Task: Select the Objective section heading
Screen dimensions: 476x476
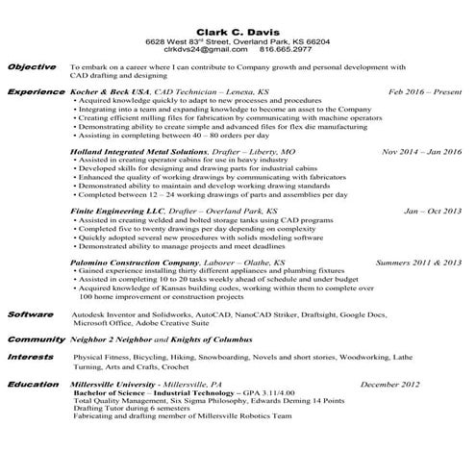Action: click(33, 67)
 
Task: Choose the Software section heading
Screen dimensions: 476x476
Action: click(31, 314)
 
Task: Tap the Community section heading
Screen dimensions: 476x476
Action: click(35, 339)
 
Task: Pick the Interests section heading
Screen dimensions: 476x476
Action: click(32, 357)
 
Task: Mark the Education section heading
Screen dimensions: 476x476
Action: click(34, 383)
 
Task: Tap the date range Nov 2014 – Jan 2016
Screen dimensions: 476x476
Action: click(421, 152)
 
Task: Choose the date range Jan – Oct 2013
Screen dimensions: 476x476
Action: click(432, 210)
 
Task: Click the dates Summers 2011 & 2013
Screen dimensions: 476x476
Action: click(418, 262)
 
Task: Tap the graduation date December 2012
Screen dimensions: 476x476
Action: click(391, 384)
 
